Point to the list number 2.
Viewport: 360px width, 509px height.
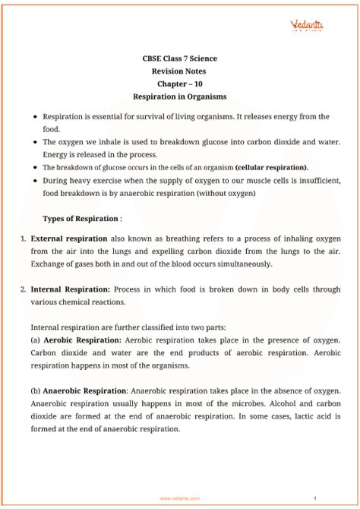click(x=24, y=289)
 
